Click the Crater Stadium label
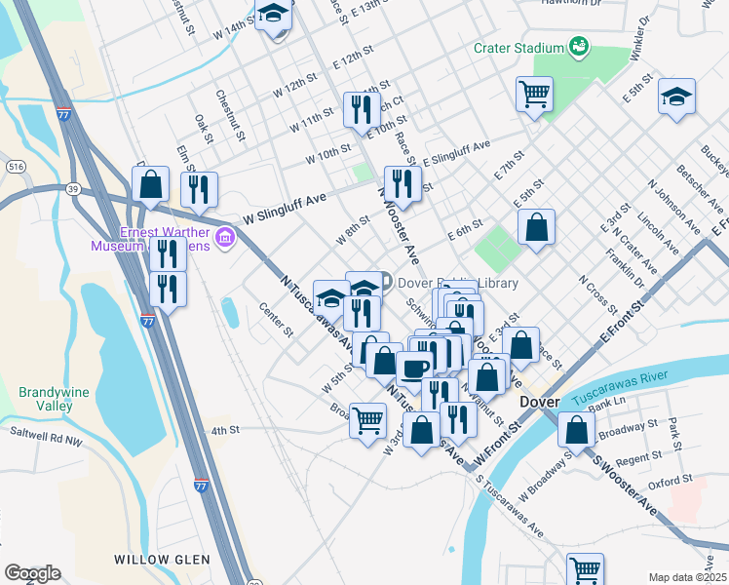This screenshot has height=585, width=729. [x=518, y=48]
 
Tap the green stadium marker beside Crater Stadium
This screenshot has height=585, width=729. [x=579, y=46]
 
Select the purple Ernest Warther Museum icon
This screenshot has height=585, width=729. [x=225, y=238]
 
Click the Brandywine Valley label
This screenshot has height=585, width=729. [x=54, y=399]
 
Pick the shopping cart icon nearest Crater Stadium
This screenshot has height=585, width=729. [x=534, y=95]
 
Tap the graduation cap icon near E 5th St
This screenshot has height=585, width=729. [x=676, y=97]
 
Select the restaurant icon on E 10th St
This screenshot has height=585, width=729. [x=363, y=109]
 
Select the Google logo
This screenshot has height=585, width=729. [x=32, y=573]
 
